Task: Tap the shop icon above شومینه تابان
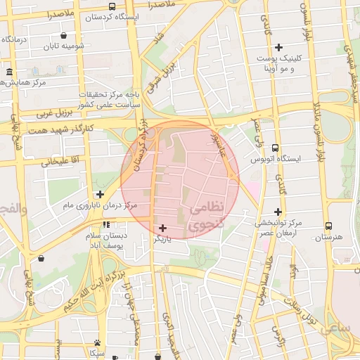tap(64, 35)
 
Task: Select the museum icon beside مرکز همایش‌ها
tap(9, 72)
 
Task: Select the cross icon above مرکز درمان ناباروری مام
tap(100, 194)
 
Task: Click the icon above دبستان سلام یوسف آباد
tap(105, 225)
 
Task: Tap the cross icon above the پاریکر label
tap(163, 228)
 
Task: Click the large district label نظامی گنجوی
tap(207, 216)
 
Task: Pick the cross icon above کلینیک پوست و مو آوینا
tap(278, 48)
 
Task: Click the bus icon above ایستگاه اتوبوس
tap(274, 148)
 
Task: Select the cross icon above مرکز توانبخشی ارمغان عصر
tap(278, 212)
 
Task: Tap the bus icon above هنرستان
tap(328, 226)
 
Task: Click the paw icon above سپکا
tap(96, 342)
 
